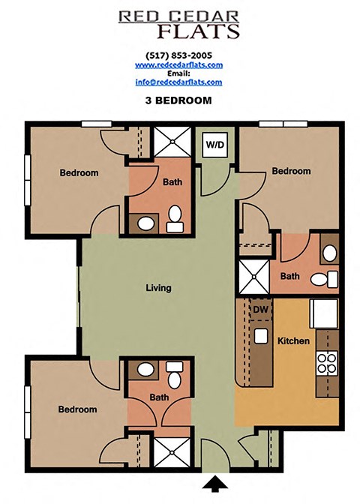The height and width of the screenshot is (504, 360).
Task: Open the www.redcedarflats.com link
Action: (180, 65)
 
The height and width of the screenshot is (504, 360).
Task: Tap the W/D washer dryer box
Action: (214, 144)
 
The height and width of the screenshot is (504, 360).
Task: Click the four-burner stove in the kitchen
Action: (328, 364)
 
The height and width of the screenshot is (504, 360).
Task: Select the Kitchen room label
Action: (293, 341)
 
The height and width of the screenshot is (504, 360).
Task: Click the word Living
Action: (158, 288)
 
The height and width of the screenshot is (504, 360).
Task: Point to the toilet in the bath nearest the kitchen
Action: (318, 280)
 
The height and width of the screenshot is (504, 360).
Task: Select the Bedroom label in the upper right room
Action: (291, 171)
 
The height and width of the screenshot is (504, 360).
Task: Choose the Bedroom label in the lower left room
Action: (79, 409)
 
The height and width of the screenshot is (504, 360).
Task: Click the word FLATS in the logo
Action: (199, 31)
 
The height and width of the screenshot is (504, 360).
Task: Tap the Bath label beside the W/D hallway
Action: (172, 181)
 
